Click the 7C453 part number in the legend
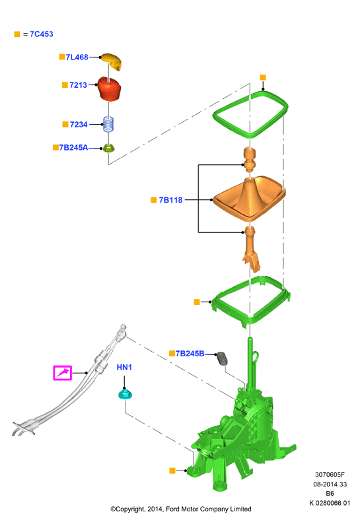[x=42, y=34]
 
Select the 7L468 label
[x=77, y=57]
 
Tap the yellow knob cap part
[x=112, y=61]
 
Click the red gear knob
[x=109, y=88]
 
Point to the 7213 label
[x=79, y=85]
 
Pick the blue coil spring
[x=109, y=124]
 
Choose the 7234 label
[x=79, y=125]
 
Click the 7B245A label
[x=74, y=147]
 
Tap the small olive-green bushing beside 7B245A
[x=108, y=148]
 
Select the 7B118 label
[x=170, y=200]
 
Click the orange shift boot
[x=249, y=199]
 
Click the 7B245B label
[x=190, y=354]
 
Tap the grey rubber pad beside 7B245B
[x=222, y=358]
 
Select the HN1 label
[x=124, y=367]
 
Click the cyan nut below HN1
[x=126, y=395]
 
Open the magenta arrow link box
[x=63, y=373]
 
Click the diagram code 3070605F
[x=330, y=474]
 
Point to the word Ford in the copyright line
[x=172, y=509]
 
